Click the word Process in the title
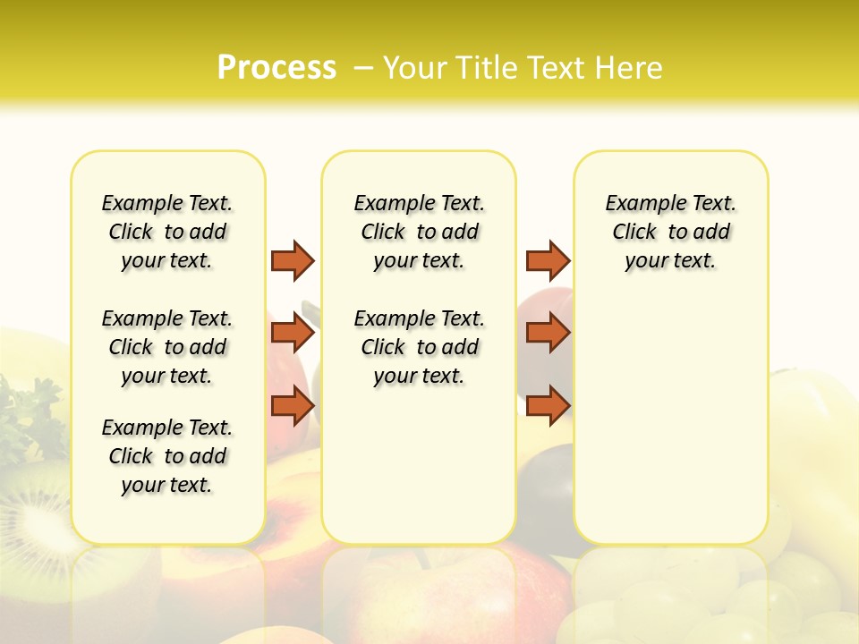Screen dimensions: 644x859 (x=276, y=68)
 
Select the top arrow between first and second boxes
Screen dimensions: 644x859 (x=293, y=260)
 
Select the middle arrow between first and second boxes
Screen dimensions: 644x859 (x=293, y=333)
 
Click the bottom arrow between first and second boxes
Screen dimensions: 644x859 (x=293, y=405)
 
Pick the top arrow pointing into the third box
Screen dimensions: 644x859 (x=548, y=260)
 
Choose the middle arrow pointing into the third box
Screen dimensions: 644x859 (x=548, y=333)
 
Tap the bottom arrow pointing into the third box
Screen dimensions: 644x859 (x=548, y=405)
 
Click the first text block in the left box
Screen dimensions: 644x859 (x=167, y=232)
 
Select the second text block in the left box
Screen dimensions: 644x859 (x=167, y=347)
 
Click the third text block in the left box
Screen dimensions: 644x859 (x=167, y=456)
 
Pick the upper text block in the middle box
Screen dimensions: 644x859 (x=419, y=232)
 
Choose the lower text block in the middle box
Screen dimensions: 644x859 (x=419, y=347)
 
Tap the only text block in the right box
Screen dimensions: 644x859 (x=670, y=232)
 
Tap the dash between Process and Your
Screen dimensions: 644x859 (x=363, y=68)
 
